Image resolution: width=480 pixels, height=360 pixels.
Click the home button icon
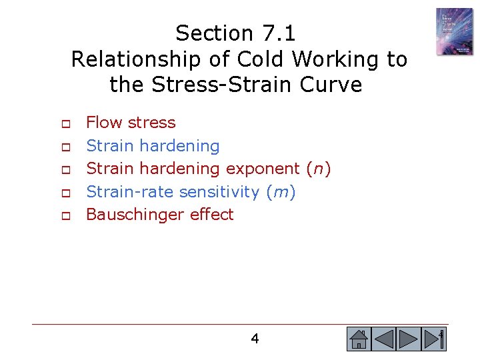(x=359, y=339)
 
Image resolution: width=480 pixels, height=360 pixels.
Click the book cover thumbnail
(x=454, y=31)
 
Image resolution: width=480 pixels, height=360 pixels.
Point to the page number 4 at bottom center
(x=255, y=339)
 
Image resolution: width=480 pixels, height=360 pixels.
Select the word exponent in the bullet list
(x=262, y=169)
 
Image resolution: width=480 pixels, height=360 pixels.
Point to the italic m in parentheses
(x=281, y=192)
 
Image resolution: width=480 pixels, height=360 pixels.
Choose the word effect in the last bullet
(x=212, y=215)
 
